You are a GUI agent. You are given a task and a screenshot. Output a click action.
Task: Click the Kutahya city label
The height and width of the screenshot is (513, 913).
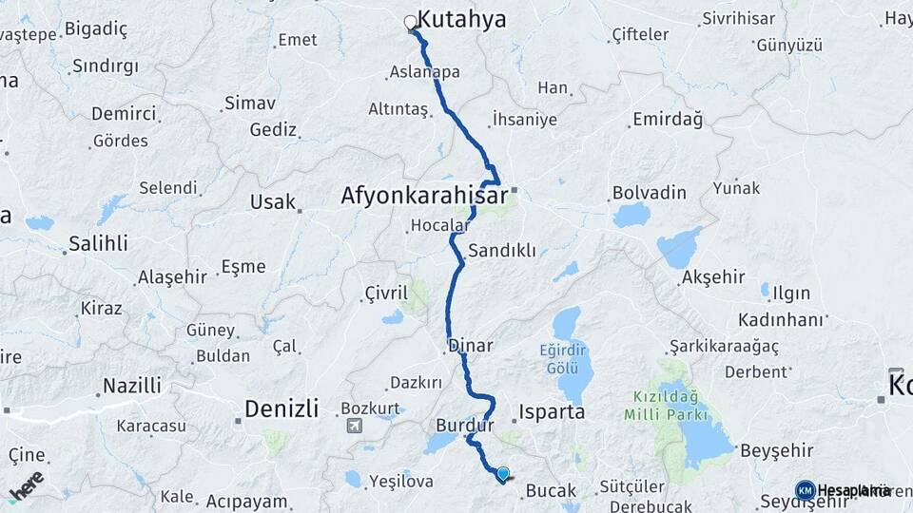coord(461,19)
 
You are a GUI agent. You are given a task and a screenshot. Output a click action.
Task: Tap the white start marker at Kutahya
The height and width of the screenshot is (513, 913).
coord(411,22)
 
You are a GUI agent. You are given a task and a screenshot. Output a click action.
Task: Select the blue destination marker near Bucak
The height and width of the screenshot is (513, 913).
coord(503,472)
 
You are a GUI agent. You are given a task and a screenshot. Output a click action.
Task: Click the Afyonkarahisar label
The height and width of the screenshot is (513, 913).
coord(423,197)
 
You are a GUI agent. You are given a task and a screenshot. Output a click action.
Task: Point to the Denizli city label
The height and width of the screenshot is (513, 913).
coord(282,409)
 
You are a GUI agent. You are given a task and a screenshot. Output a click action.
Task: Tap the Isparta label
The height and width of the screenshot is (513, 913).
coord(552,413)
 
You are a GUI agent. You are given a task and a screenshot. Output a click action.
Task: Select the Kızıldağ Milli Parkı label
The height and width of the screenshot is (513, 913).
coord(666,405)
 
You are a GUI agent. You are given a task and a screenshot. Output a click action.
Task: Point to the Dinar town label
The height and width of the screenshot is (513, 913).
coord(470,346)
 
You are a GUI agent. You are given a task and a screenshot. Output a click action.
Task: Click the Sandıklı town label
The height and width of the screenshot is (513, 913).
coord(502,251)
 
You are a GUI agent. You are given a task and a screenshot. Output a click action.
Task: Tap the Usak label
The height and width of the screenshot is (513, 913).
coord(273,201)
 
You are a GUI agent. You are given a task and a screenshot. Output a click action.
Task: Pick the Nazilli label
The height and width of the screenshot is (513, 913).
coord(130,386)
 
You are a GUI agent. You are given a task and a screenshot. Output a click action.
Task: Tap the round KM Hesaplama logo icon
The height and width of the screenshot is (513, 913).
coord(805,490)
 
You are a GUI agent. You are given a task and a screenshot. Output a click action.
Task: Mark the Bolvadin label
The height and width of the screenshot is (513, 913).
coord(650,193)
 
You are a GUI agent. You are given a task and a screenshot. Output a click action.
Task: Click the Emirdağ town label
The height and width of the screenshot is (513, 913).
coord(666,120)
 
